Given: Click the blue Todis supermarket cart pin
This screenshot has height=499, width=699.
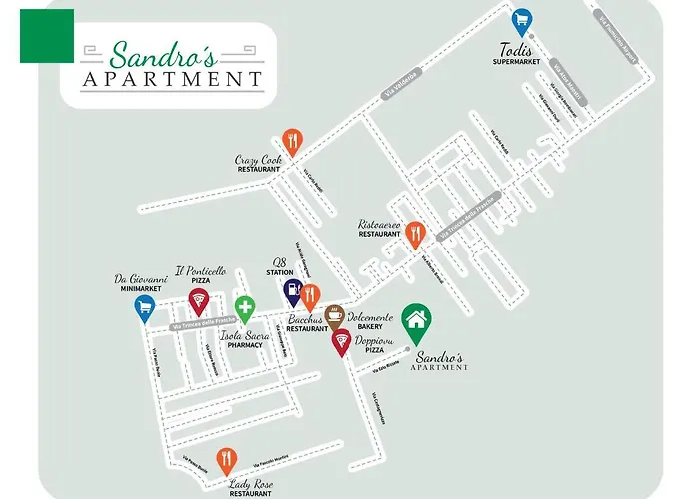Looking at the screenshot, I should point(521,21).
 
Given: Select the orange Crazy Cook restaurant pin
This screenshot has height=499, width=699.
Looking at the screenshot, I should point(292,141).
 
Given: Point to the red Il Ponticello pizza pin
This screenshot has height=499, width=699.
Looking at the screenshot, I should point(198,301).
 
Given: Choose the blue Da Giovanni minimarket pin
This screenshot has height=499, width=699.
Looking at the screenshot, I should point(145,308).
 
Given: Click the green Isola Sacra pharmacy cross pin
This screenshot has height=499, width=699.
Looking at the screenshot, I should point(244,308).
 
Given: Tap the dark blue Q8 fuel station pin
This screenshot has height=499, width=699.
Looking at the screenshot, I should point(291,291).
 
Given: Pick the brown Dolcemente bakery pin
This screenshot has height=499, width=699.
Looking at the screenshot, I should point(335,316).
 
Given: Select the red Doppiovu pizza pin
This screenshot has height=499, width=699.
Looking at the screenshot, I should point(342,342).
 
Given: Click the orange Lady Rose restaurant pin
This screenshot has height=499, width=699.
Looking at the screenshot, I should point(227,459).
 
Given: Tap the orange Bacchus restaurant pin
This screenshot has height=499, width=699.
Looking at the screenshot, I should point(310,296).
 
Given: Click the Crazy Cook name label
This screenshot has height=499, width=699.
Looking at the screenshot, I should point(258,160).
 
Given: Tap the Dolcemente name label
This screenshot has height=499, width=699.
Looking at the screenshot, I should point(370,317).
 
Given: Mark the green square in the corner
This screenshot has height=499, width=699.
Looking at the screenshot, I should point(46,36).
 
